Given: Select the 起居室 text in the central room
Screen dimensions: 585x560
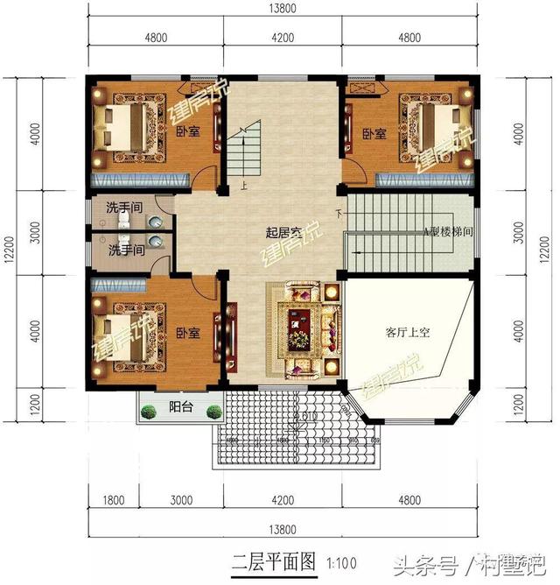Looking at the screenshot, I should (283, 233).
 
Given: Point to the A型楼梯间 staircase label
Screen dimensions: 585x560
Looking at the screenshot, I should (450, 232).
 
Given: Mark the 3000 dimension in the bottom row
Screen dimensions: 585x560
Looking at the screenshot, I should (180, 502).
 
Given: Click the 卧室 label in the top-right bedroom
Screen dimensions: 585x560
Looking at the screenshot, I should (374, 134).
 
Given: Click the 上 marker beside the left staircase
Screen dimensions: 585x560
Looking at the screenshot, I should (244, 185).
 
